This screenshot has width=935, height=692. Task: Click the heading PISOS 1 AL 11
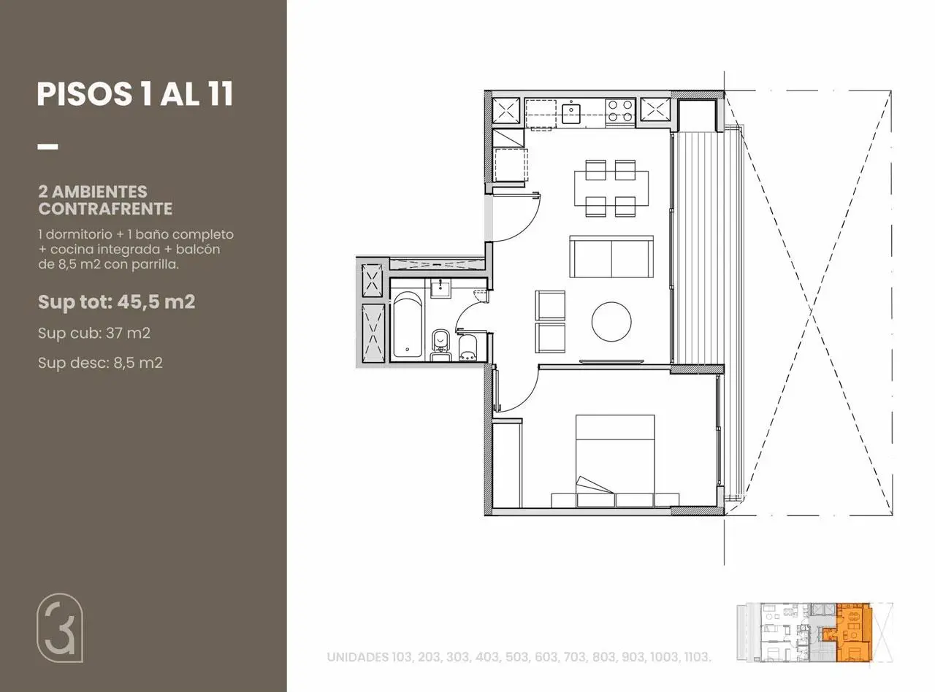(x=135, y=94)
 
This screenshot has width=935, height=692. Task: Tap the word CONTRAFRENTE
(x=105, y=209)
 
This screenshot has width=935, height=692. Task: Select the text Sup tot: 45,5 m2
(x=117, y=301)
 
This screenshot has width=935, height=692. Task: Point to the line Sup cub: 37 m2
(x=94, y=333)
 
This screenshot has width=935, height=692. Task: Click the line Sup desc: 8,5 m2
(x=100, y=363)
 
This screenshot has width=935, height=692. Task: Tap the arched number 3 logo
(x=60, y=628)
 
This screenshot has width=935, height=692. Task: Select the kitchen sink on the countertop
(x=571, y=113)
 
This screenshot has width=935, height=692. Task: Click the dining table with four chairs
(x=611, y=188)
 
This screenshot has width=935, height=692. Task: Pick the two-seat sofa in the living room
(x=611, y=257)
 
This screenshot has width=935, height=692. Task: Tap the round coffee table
(x=611, y=322)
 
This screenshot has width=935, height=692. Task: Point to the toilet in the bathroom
(x=440, y=345)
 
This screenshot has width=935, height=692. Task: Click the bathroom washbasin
(x=440, y=288)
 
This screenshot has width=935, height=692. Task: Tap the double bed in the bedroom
(x=616, y=461)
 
